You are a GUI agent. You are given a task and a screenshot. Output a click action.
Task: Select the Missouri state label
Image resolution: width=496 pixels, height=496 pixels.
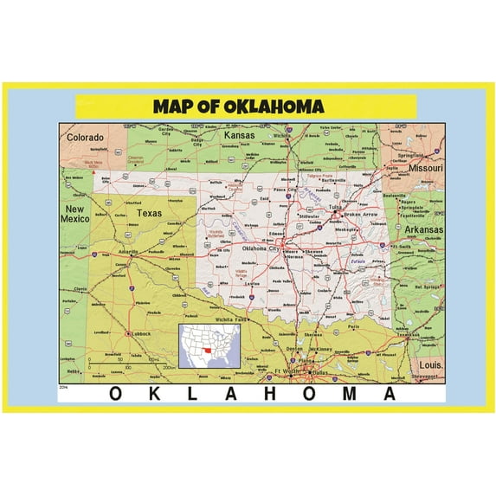click(x=425, y=167)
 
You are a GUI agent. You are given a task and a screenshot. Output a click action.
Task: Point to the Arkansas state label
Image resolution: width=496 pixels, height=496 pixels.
click(x=421, y=229)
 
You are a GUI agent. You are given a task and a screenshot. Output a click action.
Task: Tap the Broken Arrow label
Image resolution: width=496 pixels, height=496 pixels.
click(x=361, y=215)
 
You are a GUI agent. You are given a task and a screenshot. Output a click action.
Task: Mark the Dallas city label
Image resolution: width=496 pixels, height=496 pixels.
click(x=320, y=373)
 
